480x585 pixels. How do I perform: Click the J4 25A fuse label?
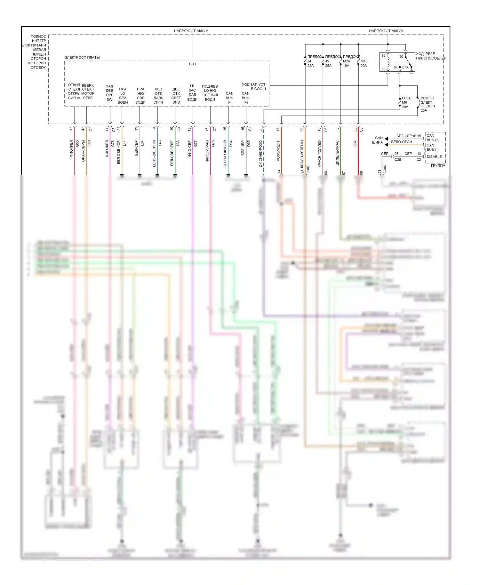pos(310,63)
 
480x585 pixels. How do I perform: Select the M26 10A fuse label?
pos(346,63)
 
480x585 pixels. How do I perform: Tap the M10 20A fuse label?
pos(364,63)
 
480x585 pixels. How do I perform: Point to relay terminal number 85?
pos(383,55)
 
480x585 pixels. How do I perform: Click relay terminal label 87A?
pos(405,67)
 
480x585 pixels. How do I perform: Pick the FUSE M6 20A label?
pos(406,102)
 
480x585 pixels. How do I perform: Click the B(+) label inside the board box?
pos(192,64)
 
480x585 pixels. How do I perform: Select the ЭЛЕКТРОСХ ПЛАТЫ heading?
pos(82,57)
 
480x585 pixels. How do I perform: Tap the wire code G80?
pos(77,143)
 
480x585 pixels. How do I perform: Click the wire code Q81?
pos(89,143)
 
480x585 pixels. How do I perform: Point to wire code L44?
pos(124,143)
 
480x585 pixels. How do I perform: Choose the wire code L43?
pos(160,143)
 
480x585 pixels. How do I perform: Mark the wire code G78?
pos(213,143)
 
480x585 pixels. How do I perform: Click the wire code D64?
pos(231,143)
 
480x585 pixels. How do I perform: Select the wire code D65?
pos(249,143)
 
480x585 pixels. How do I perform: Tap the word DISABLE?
pos(434,156)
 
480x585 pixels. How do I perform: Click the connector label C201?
pos(398,159)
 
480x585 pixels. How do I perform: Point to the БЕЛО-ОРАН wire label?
pos(402,142)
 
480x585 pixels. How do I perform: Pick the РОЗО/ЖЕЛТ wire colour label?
pos(278,150)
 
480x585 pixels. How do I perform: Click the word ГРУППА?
pos(438,165)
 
